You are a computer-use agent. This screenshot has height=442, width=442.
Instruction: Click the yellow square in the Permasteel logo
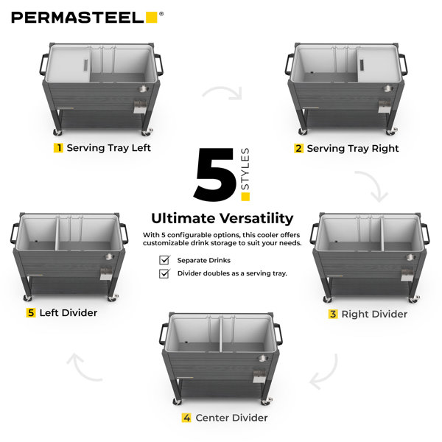pos(151,17)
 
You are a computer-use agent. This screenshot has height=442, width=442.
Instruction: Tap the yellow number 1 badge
pos(58,148)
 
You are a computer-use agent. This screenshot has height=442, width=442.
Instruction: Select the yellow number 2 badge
pos(299,148)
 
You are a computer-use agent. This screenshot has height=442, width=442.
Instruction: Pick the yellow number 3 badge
pos(333,314)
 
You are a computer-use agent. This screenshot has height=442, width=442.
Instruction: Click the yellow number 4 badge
pos(186,418)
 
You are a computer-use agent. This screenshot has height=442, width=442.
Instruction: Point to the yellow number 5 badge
pos(31,312)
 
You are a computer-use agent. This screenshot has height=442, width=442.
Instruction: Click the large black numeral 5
pos(215,175)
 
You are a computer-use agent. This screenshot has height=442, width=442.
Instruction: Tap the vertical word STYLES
pos(245,169)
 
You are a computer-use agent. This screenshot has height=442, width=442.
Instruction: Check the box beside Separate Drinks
pos(164,259)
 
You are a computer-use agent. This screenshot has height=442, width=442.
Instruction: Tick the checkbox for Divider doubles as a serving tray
pos(164,273)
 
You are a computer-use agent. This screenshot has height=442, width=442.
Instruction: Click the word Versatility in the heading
pos(256,219)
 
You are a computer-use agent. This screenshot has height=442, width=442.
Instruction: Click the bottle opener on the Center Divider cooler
pos(259,376)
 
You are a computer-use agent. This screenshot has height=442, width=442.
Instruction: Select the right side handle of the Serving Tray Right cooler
pos(403,65)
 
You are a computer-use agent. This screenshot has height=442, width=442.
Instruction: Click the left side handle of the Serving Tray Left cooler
pos(43,65)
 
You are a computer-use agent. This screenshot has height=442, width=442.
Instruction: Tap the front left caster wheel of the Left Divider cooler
pos(27,298)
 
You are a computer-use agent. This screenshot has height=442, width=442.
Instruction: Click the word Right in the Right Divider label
pos(354,315)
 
